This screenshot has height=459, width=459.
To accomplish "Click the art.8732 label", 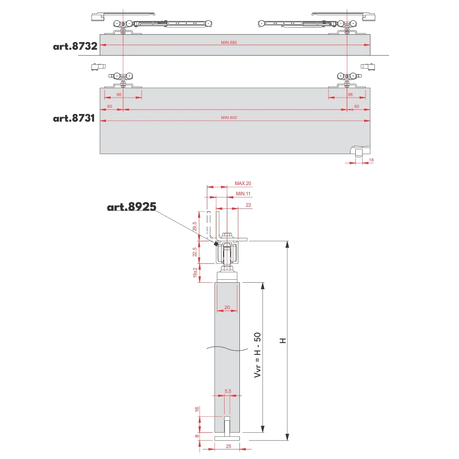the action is tap(75, 46).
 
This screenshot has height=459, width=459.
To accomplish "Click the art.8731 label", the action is tap(74, 118).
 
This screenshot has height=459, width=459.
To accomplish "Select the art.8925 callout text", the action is tap(132, 207).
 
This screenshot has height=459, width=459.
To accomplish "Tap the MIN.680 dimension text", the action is tap(229, 42).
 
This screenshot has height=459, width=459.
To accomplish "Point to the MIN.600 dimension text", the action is tap(229, 118).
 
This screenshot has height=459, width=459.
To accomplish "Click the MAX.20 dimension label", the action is tap(243, 184).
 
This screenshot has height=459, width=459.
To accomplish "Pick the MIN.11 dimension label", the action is tap(243, 194).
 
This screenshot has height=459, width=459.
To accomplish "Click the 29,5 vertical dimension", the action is tap(195, 226).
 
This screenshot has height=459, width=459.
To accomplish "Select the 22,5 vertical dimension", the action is tap(195, 252).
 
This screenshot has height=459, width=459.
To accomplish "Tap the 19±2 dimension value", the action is tap(195, 273).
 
